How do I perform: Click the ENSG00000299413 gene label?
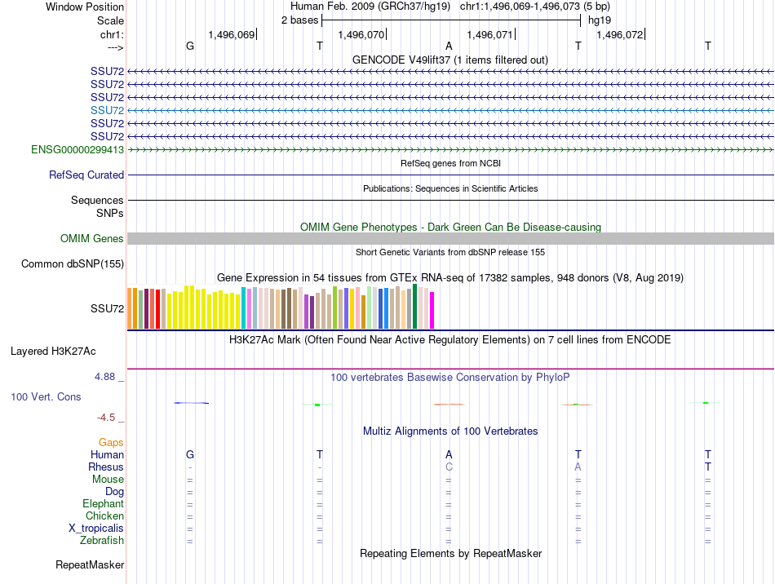pos(77,150)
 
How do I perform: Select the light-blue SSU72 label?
pos(107,110)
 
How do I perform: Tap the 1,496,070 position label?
pos(360,35)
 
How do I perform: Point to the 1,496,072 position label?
pos(619,35)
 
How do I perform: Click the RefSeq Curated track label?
pos(86,175)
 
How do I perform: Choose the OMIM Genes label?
pos(91,239)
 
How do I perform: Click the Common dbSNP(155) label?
pos(73,264)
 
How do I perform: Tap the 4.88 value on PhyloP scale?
pos(106,377)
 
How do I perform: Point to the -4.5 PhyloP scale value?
pos(107,418)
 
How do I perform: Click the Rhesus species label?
pos(106,467)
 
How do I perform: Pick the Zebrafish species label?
pos(102,541)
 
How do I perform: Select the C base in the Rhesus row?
pos(449,467)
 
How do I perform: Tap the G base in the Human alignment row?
pos(190,454)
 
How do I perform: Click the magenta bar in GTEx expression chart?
pos(432,311)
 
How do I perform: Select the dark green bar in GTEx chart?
pos(414,307)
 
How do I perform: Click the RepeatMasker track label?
pos(90,565)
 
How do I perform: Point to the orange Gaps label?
pos(111,442)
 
